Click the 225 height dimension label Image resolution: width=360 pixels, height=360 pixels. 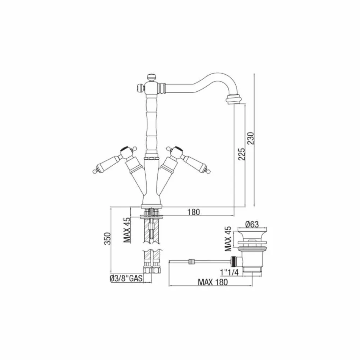point(243,153)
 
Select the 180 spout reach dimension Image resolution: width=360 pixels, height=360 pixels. point(193,212)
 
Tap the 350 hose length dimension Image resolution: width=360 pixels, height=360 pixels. point(107,239)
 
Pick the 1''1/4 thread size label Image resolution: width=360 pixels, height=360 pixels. point(230,272)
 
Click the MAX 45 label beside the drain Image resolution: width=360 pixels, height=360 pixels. point(227,239)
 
